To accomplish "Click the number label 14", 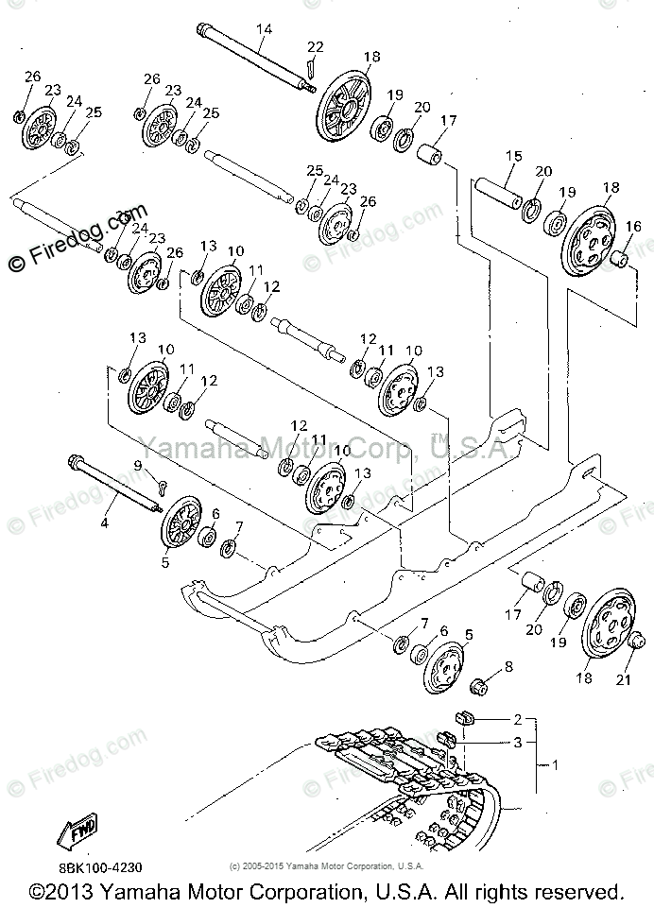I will tap(264, 29).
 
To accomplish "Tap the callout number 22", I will tap(316, 48).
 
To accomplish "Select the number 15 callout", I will tap(513, 156).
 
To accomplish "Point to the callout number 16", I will tap(632, 227).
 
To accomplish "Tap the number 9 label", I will tap(137, 466).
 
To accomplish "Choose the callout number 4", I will tap(105, 521).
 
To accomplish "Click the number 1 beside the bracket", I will tap(556, 766).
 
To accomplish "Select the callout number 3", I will tap(517, 743).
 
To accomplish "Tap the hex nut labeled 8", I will tap(479, 684).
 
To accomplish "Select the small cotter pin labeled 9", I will tap(161, 488).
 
